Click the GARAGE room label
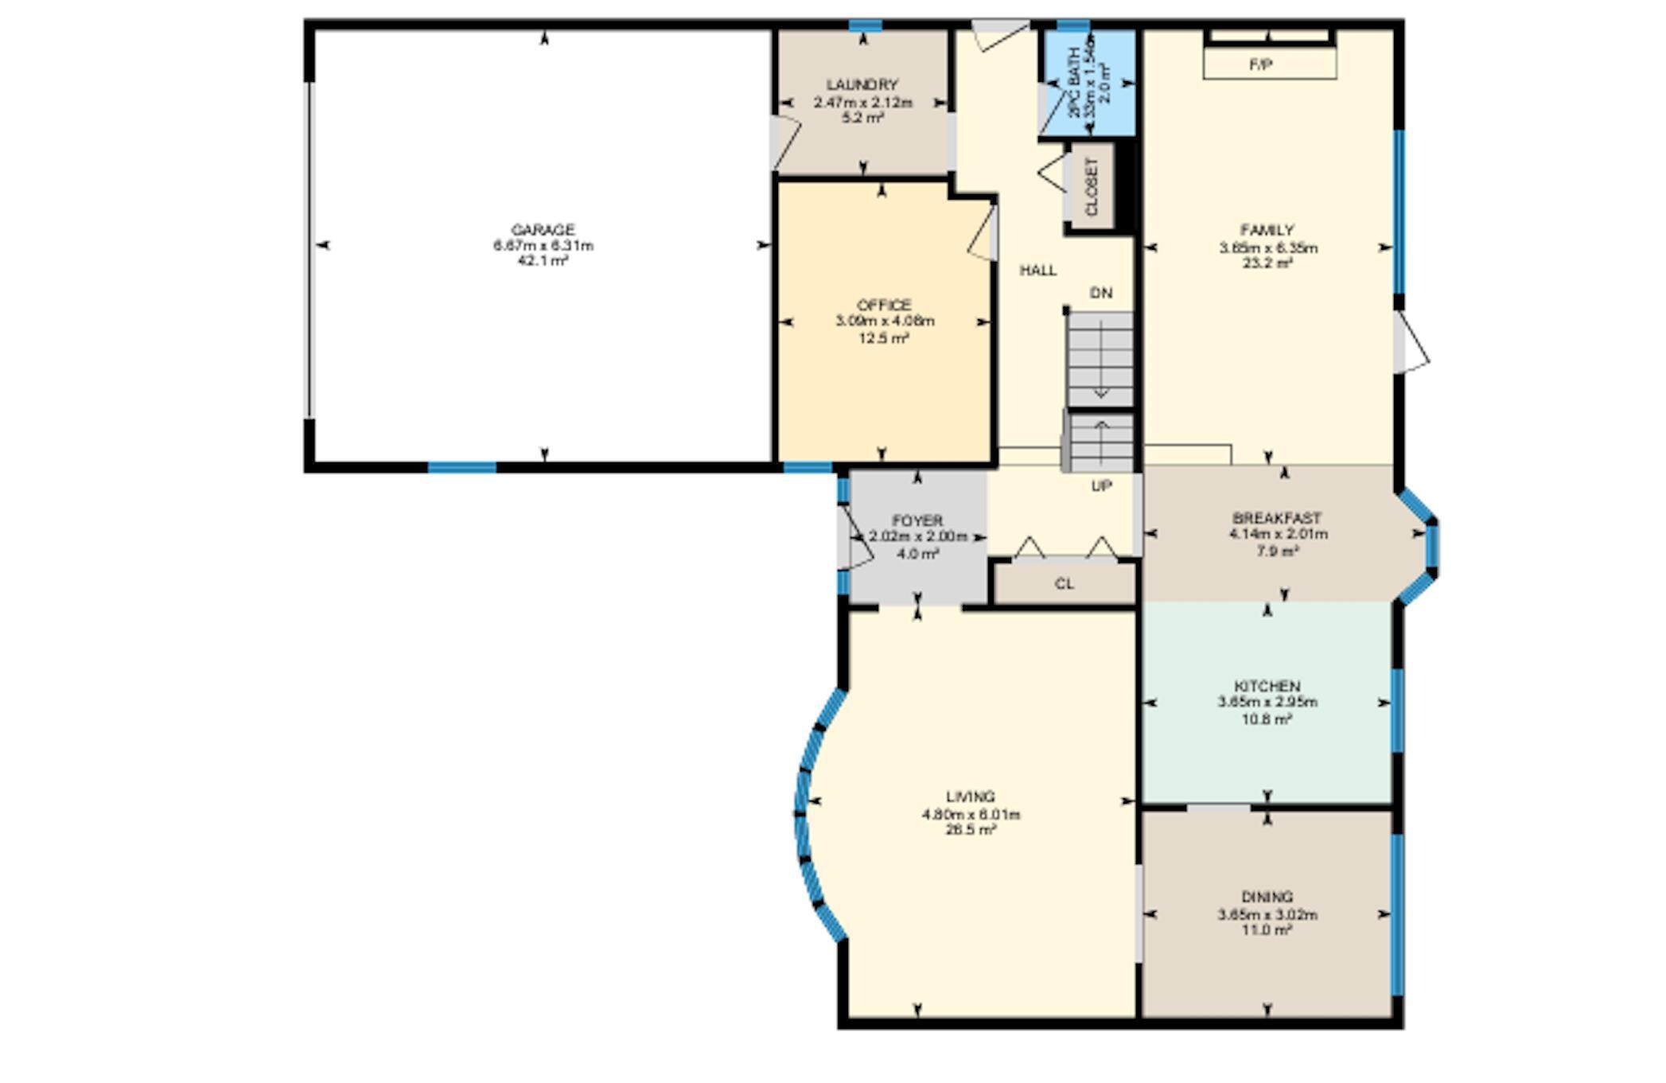pos(543,230)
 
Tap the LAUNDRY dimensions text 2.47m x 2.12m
pos(862,103)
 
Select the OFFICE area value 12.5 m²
pos(883,338)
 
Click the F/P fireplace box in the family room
pos(1269,64)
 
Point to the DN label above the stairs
pos(1100,294)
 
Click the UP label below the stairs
pos(1101,485)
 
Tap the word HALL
pos(1038,271)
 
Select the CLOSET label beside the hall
pos(1092,186)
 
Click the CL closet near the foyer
pos(1065,584)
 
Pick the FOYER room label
pos(917,520)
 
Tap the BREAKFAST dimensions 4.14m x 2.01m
pos(1278,535)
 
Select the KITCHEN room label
pos(1267,686)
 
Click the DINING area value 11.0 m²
pos(1267,930)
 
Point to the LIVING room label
pos(970,797)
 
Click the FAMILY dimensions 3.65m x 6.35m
pos(1267,248)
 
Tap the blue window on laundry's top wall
pos(865,25)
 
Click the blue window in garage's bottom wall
pos(462,468)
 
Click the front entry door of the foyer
pos(850,537)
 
